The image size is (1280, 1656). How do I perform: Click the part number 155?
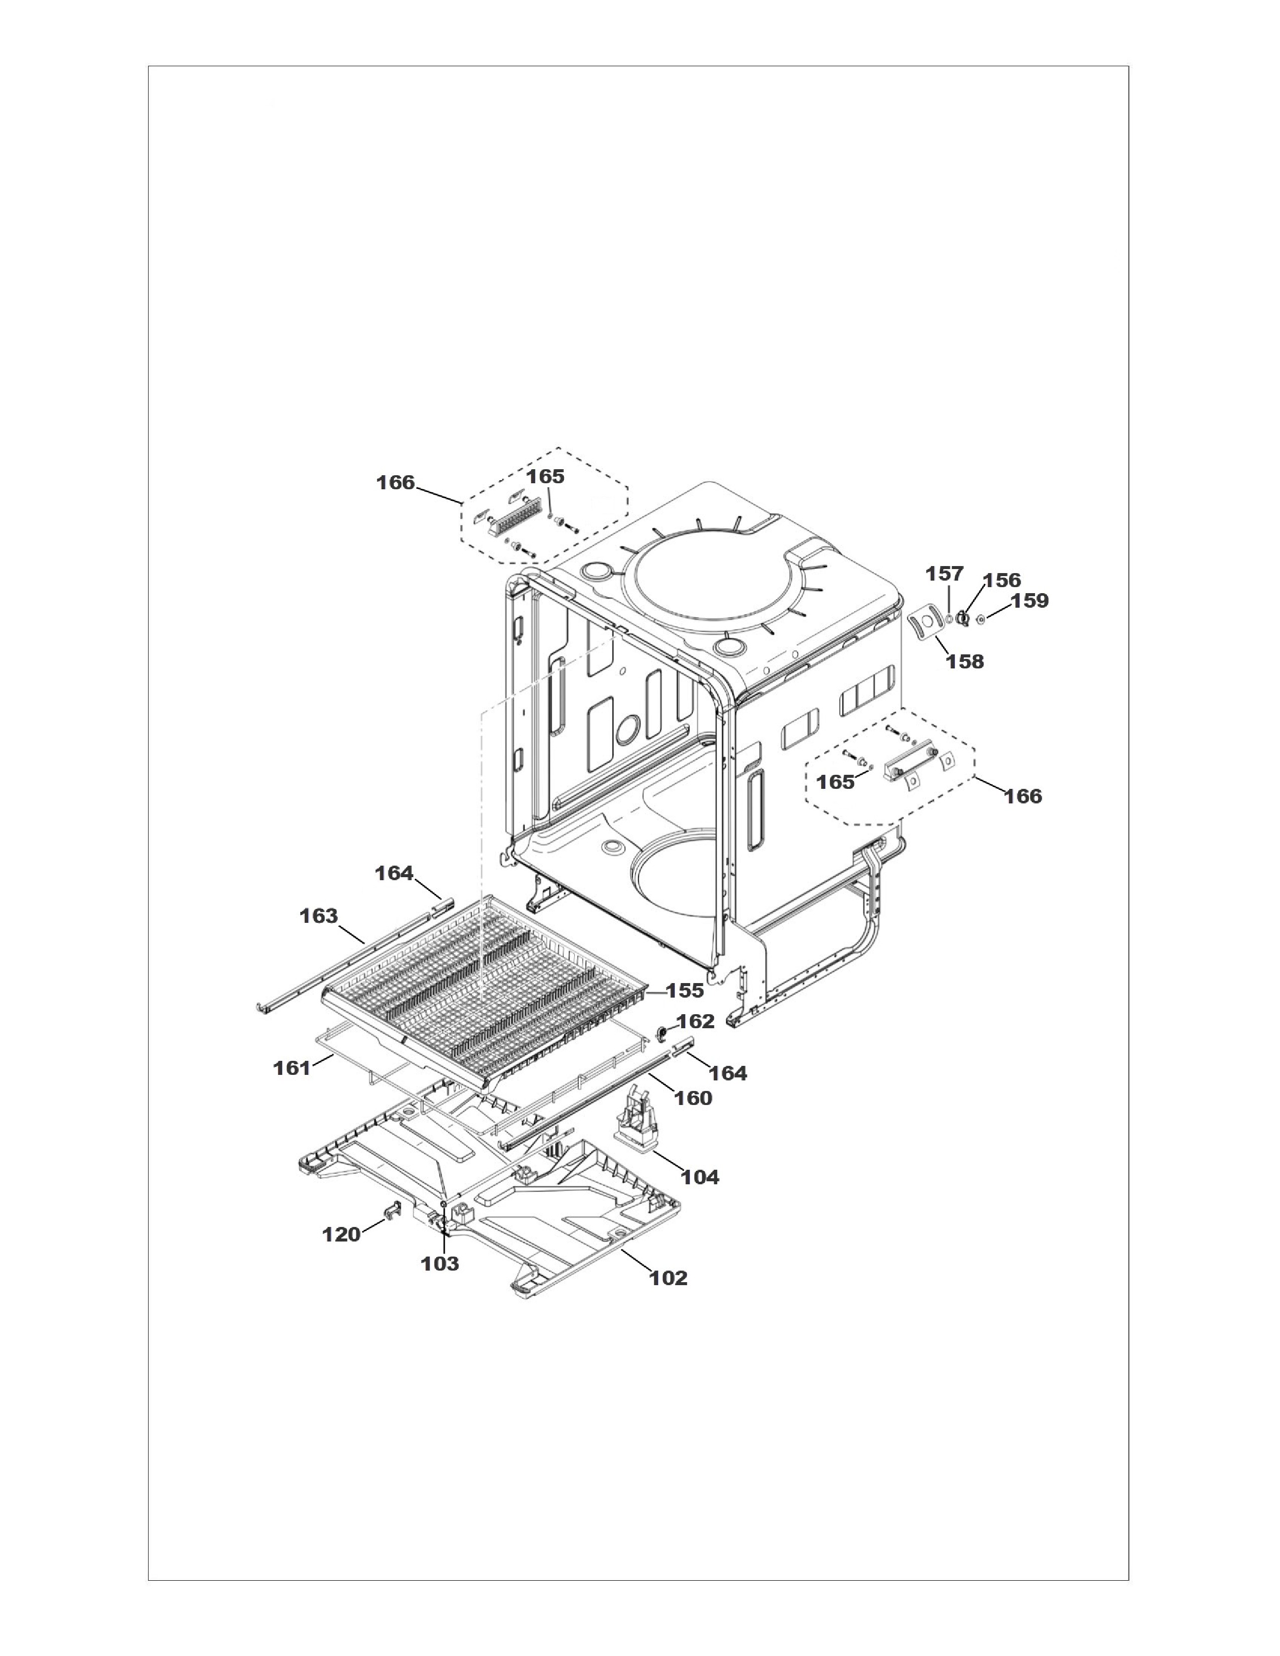pos(685,990)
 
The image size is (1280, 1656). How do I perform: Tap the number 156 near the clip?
pos(1002,580)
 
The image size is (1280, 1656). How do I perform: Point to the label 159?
pos(1030,601)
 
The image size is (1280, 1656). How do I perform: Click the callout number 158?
pos(965,661)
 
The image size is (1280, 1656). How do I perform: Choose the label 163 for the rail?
pos(318,916)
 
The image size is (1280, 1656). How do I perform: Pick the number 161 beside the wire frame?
pos(292,1068)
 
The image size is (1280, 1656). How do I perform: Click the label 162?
pos(695,1021)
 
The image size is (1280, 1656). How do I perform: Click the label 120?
pos(341,1234)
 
